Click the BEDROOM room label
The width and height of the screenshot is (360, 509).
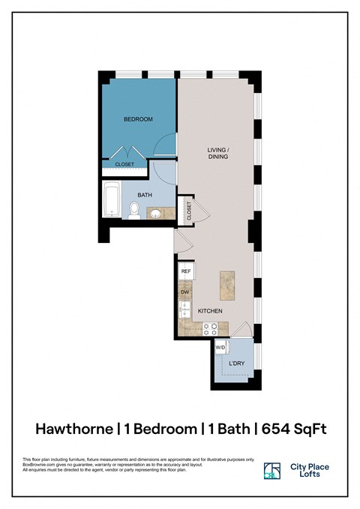click(x=138, y=119)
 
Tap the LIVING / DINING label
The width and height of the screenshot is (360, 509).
click(x=218, y=154)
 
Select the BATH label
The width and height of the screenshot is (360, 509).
click(x=145, y=195)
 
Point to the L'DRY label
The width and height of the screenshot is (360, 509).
click(x=236, y=364)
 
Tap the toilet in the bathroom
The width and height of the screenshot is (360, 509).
click(x=133, y=210)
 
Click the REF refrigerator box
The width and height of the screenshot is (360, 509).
click(x=186, y=271)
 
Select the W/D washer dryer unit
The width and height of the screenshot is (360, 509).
click(x=220, y=348)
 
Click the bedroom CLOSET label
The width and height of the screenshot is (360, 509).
click(x=124, y=164)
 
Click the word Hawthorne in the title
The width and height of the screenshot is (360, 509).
click(x=73, y=429)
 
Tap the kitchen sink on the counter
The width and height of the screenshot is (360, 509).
click(x=184, y=310)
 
